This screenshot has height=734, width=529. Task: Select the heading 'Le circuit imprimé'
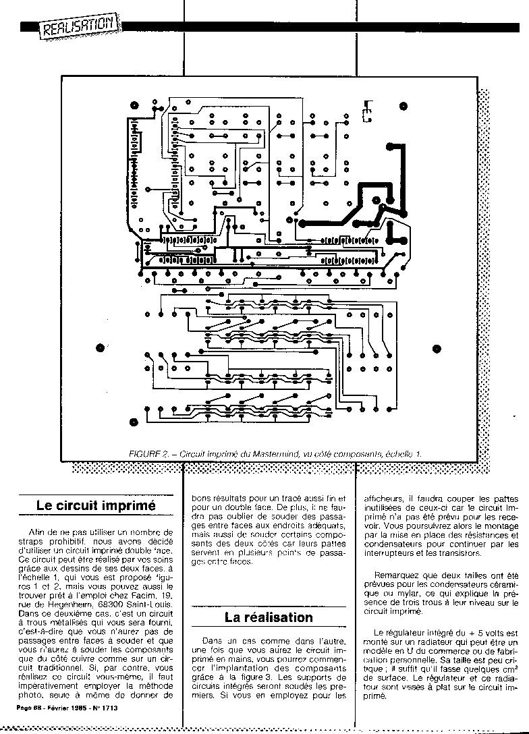pyautogui.click(x=96, y=505)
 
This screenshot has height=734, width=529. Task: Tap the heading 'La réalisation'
pyautogui.click(x=269, y=617)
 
